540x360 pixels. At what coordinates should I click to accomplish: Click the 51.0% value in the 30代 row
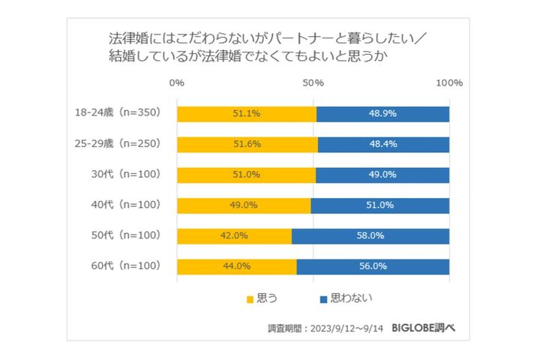pyautogui.click(x=247, y=175)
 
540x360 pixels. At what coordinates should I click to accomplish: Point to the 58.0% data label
pyautogui.click(x=370, y=235)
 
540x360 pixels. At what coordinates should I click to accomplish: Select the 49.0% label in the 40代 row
pyautogui.click(x=244, y=205)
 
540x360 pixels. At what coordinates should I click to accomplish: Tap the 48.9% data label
pyautogui.click(x=382, y=114)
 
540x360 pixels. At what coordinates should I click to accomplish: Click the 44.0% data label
pyautogui.click(x=237, y=266)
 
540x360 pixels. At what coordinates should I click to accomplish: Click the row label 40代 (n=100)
pyautogui.click(x=125, y=205)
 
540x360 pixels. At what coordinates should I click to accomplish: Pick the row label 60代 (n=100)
pyautogui.click(x=125, y=266)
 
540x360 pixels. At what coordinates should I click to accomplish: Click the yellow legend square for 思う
pyautogui.click(x=250, y=299)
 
